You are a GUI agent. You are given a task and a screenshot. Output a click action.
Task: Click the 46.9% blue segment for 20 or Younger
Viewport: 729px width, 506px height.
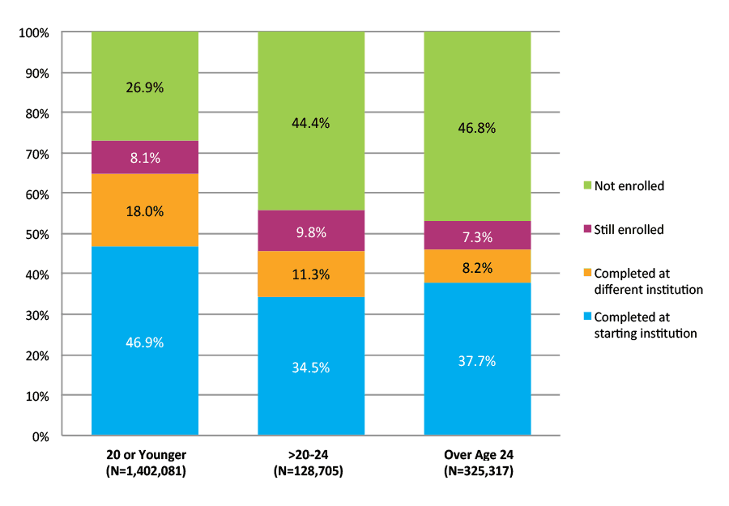145,341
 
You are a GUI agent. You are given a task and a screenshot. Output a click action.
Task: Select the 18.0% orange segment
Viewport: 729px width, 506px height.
145,210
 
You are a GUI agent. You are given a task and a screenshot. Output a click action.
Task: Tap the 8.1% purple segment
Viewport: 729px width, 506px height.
145,158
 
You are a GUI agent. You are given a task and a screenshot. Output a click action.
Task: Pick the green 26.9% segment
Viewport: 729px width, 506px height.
145,87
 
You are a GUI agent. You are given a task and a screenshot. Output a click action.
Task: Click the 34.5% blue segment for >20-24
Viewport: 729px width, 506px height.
311,366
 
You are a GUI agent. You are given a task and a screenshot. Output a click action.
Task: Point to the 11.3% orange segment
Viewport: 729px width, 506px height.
311,274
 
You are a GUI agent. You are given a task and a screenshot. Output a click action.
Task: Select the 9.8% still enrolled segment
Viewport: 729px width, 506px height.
311,232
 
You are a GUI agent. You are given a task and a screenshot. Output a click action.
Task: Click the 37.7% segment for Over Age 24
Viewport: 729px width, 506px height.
477,359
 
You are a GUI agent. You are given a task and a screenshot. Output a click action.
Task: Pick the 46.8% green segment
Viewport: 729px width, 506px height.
477,127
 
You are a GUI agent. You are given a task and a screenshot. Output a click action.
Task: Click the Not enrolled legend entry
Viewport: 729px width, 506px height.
629,186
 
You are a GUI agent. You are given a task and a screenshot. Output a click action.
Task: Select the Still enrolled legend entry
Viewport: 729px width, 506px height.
629,230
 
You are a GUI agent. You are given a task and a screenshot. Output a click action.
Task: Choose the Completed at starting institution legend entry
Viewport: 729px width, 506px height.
645,325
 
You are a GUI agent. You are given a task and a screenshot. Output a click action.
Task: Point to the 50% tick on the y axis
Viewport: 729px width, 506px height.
36,235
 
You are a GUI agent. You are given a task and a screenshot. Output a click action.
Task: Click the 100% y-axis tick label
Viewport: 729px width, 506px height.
34,33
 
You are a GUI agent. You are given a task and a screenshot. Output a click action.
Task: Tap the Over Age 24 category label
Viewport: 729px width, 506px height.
477,454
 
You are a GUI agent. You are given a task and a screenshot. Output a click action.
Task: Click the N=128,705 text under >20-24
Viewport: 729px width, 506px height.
311,470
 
